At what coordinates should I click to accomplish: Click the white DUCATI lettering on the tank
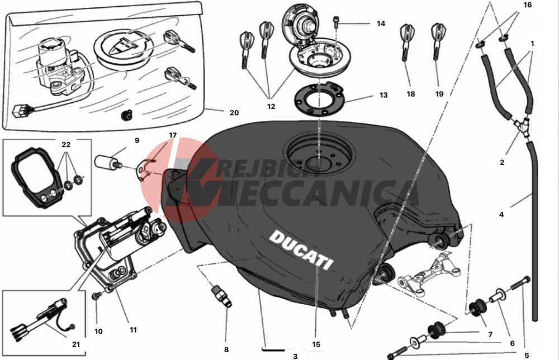tap(301, 250)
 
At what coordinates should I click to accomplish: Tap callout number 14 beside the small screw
tap(381, 23)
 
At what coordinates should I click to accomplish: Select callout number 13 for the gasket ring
tap(383, 95)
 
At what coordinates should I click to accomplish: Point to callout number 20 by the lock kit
tap(234, 112)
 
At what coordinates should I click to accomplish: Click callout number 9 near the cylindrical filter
tap(137, 140)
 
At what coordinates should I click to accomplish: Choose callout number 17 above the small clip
tap(173, 135)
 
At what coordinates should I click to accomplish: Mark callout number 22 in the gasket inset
tap(66, 144)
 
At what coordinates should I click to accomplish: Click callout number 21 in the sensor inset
tap(76, 344)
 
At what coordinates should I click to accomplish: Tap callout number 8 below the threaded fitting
tap(226, 350)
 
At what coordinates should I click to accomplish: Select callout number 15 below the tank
tap(316, 344)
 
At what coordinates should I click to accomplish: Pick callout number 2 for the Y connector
tap(502, 162)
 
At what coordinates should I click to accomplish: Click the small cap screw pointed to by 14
tap(336, 21)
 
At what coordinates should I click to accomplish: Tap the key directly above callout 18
tap(406, 42)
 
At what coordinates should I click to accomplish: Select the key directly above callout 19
tap(437, 41)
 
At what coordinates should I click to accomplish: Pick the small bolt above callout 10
tap(96, 296)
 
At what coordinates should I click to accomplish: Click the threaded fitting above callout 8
tap(221, 296)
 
